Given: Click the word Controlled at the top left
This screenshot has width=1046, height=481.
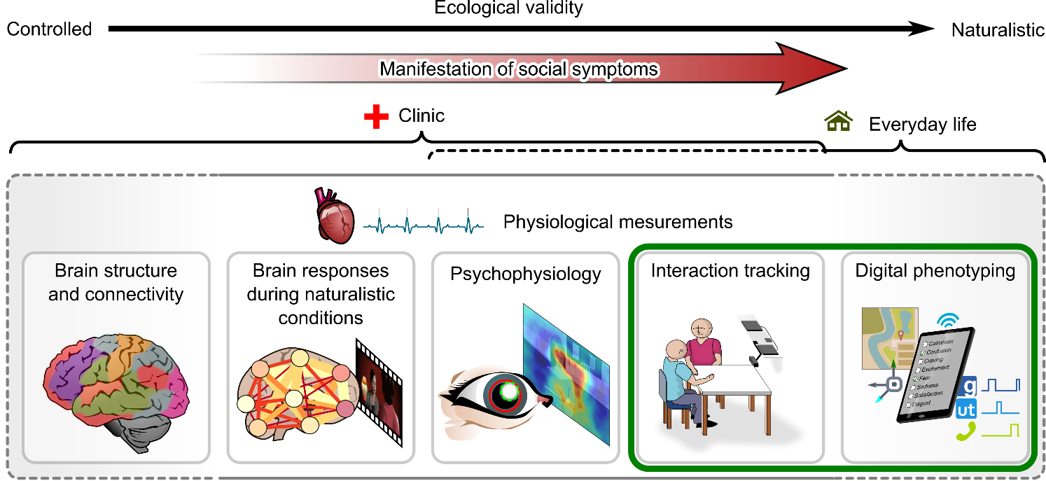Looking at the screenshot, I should [x=49, y=29].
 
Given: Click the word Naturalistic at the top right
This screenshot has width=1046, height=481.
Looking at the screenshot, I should [x=998, y=29].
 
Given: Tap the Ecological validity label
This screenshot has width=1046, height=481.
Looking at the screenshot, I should [x=508, y=8].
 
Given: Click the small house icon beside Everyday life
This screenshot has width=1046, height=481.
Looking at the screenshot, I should [x=838, y=123].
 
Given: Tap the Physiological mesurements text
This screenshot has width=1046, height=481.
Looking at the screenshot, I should [x=618, y=223].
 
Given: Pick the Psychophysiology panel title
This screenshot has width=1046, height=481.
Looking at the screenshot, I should [x=525, y=273].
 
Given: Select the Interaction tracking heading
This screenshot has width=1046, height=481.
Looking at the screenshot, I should [x=730, y=271].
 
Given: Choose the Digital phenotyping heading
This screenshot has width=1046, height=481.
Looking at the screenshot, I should [x=935, y=271].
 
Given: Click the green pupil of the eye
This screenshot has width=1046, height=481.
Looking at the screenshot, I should [x=510, y=393].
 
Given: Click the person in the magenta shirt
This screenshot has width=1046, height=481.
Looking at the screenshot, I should [x=702, y=345].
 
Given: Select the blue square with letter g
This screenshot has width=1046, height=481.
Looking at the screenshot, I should [x=968, y=386].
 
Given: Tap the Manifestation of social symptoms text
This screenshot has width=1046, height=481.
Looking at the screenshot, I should [x=519, y=69].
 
